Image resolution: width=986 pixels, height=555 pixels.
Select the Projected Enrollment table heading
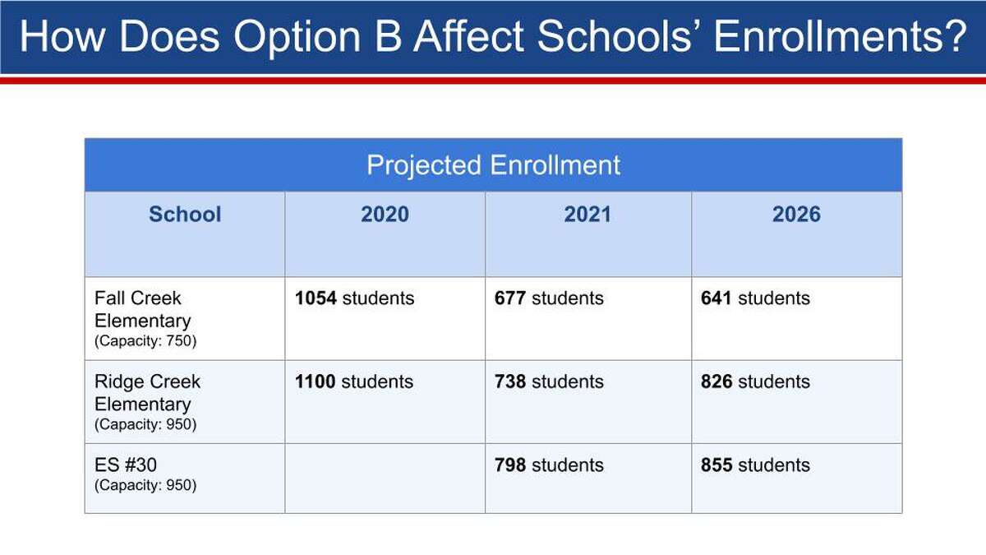coord(493,165)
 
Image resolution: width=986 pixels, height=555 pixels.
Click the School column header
coord(185,215)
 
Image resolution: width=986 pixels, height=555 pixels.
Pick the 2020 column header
coord(385,215)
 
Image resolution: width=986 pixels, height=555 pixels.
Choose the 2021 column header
coord(587,215)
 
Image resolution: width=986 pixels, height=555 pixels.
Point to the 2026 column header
coord(796,215)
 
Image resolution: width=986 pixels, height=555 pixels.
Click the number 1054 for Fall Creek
coord(316,298)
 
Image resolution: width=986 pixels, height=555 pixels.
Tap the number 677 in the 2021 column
coord(509,298)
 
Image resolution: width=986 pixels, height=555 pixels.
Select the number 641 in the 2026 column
coord(716,298)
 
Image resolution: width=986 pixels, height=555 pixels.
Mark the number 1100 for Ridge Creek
coord(315,382)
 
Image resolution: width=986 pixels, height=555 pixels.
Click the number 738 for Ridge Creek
coord(509,382)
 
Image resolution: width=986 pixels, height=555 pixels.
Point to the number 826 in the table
coord(716,382)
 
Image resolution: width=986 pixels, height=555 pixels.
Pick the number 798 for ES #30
coord(509,465)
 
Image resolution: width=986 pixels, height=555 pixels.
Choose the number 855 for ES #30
coord(716,465)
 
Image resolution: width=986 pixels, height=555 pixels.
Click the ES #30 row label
coord(126,465)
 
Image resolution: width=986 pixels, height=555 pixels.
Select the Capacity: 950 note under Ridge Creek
coord(145,424)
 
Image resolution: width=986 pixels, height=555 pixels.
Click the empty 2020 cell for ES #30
coord(385,479)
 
